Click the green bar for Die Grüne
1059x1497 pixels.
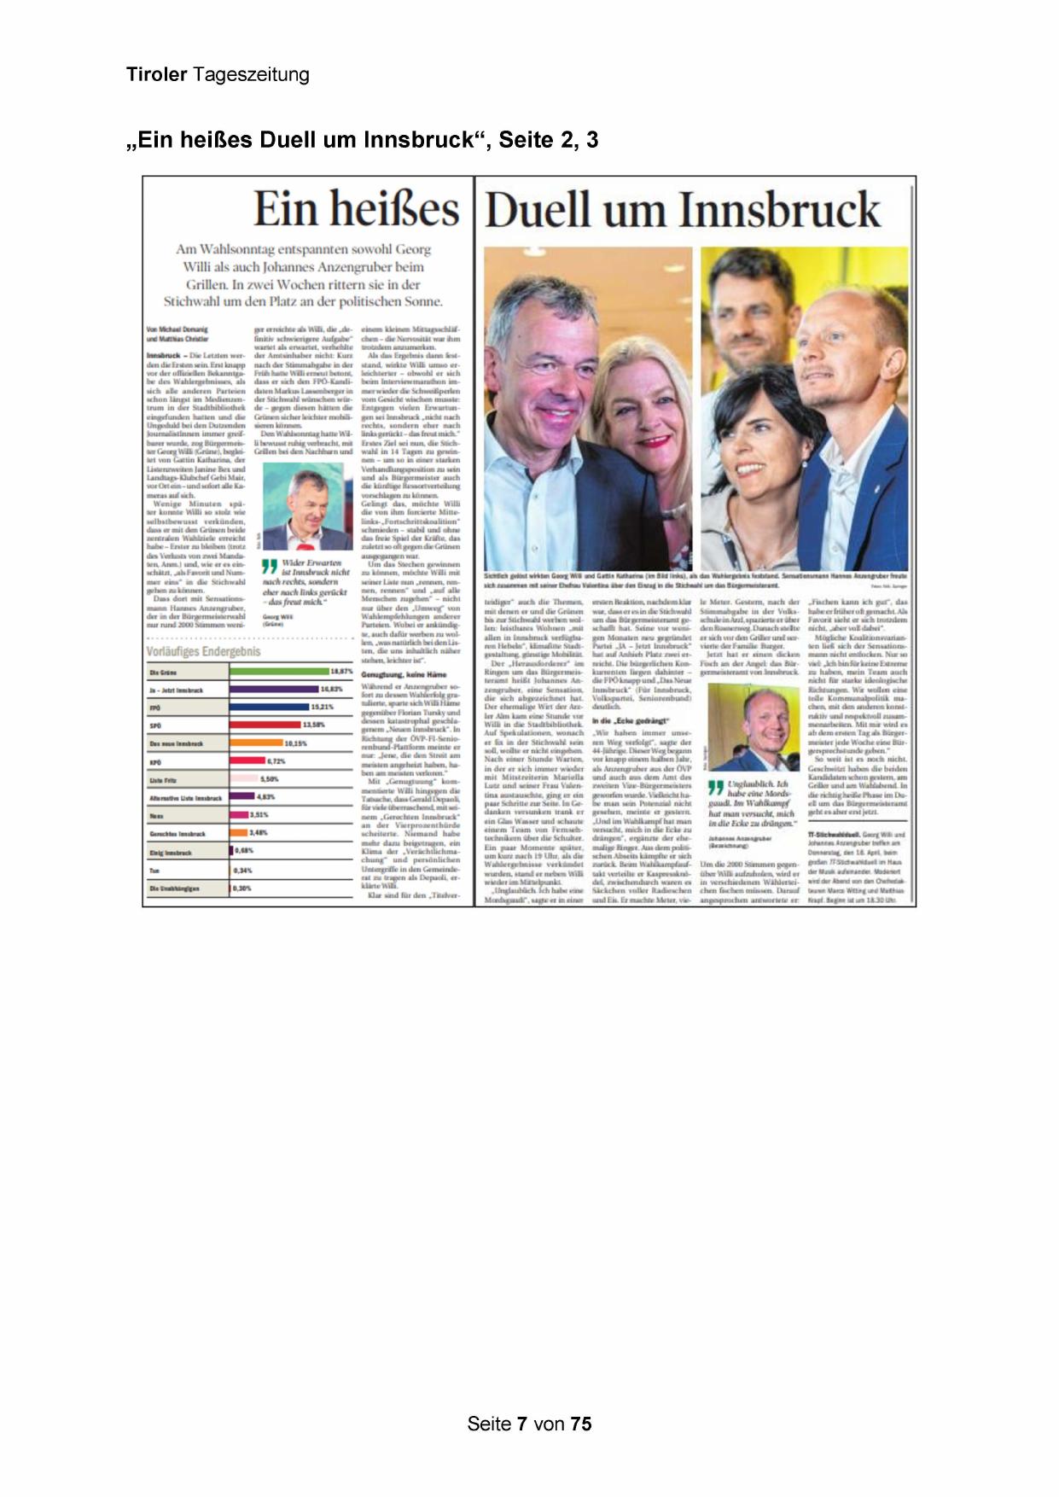pyautogui.click(x=278, y=672)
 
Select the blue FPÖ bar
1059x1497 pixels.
pyautogui.click(x=269, y=708)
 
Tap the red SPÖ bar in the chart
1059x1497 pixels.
pyautogui.click(x=265, y=725)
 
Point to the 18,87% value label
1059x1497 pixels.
pyautogui.click(x=341, y=672)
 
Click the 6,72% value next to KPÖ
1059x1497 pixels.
pyautogui.click(x=276, y=761)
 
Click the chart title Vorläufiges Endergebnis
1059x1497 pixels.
pyautogui.click(x=203, y=652)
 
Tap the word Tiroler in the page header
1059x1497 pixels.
pyautogui.click(x=156, y=75)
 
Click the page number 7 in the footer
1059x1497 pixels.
pyautogui.click(x=521, y=1424)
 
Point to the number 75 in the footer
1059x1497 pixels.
pyautogui.click(x=581, y=1424)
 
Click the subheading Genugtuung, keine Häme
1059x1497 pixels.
pyautogui.click(x=404, y=675)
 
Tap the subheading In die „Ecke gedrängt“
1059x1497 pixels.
pyautogui.click(x=631, y=721)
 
